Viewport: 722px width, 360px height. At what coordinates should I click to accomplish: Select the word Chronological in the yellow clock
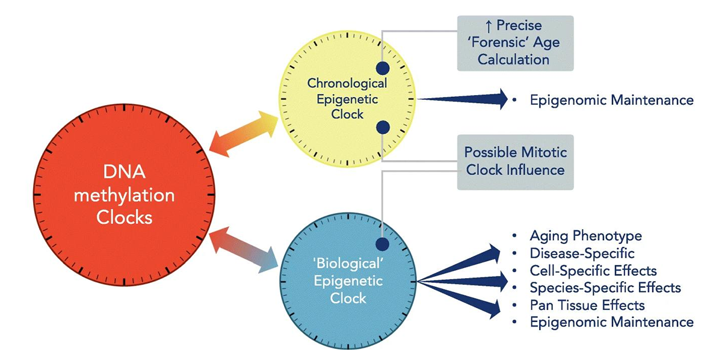click(347, 82)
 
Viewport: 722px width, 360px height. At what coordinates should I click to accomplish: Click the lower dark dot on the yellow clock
click(383, 126)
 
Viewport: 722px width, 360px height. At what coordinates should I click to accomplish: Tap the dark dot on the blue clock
click(382, 244)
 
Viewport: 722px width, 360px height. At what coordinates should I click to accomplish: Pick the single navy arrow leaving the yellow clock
click(463, 99)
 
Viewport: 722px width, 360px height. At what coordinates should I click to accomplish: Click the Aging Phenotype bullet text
click(585, 236)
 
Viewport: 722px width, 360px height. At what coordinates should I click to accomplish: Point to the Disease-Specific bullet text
click(582, 253)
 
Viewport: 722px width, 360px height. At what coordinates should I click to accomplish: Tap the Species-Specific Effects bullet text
click(605, 288)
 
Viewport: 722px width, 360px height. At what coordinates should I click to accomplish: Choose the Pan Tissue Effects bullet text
click(587, 305)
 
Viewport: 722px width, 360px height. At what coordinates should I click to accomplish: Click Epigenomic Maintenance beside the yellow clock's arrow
click(611, 100)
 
